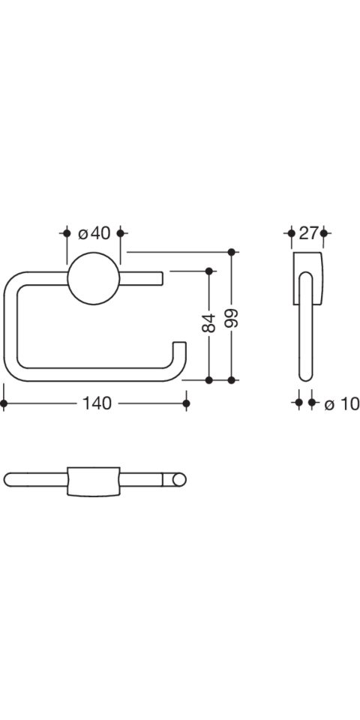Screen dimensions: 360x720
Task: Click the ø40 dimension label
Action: pyautogui.click(x=94, y=233)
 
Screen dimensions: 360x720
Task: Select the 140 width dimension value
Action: pyautogui.click(x=97, y=403)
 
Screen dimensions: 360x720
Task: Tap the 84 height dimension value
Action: pyautogui.click(x=208, y=322)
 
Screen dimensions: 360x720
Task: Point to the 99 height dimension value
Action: pyautogui.click(x=232, y=317)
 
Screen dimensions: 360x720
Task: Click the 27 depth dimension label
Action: pyautogui.click(x=308, y=233)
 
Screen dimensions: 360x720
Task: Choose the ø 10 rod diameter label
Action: pyautogui.click(x=342, y=404)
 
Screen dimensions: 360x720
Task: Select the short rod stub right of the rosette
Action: pyautogui.click(x=142, y=278)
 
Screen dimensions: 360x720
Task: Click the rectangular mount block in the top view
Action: pyautogui.click(x=94, y=481)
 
